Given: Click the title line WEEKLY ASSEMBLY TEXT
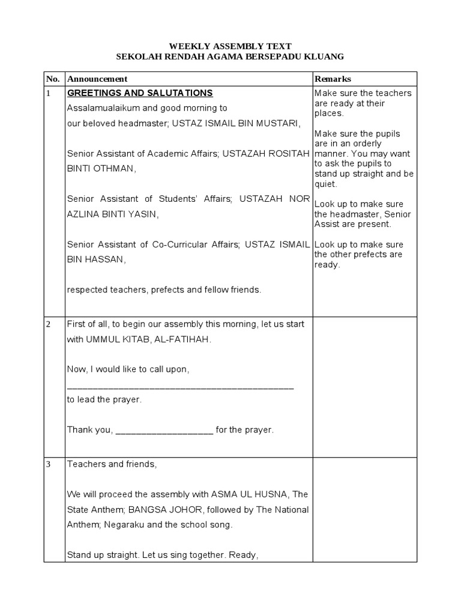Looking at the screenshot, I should (230, 46).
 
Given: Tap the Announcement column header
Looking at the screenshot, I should (97, 79).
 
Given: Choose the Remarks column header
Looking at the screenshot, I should (333, 79).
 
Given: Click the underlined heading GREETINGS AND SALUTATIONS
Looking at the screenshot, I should (140, 93).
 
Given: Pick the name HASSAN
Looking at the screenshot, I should (104, 259).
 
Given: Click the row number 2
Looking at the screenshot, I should (49, 324).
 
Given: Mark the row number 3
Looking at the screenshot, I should (49, 464).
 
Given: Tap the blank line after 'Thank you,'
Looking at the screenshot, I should (164, 430).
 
